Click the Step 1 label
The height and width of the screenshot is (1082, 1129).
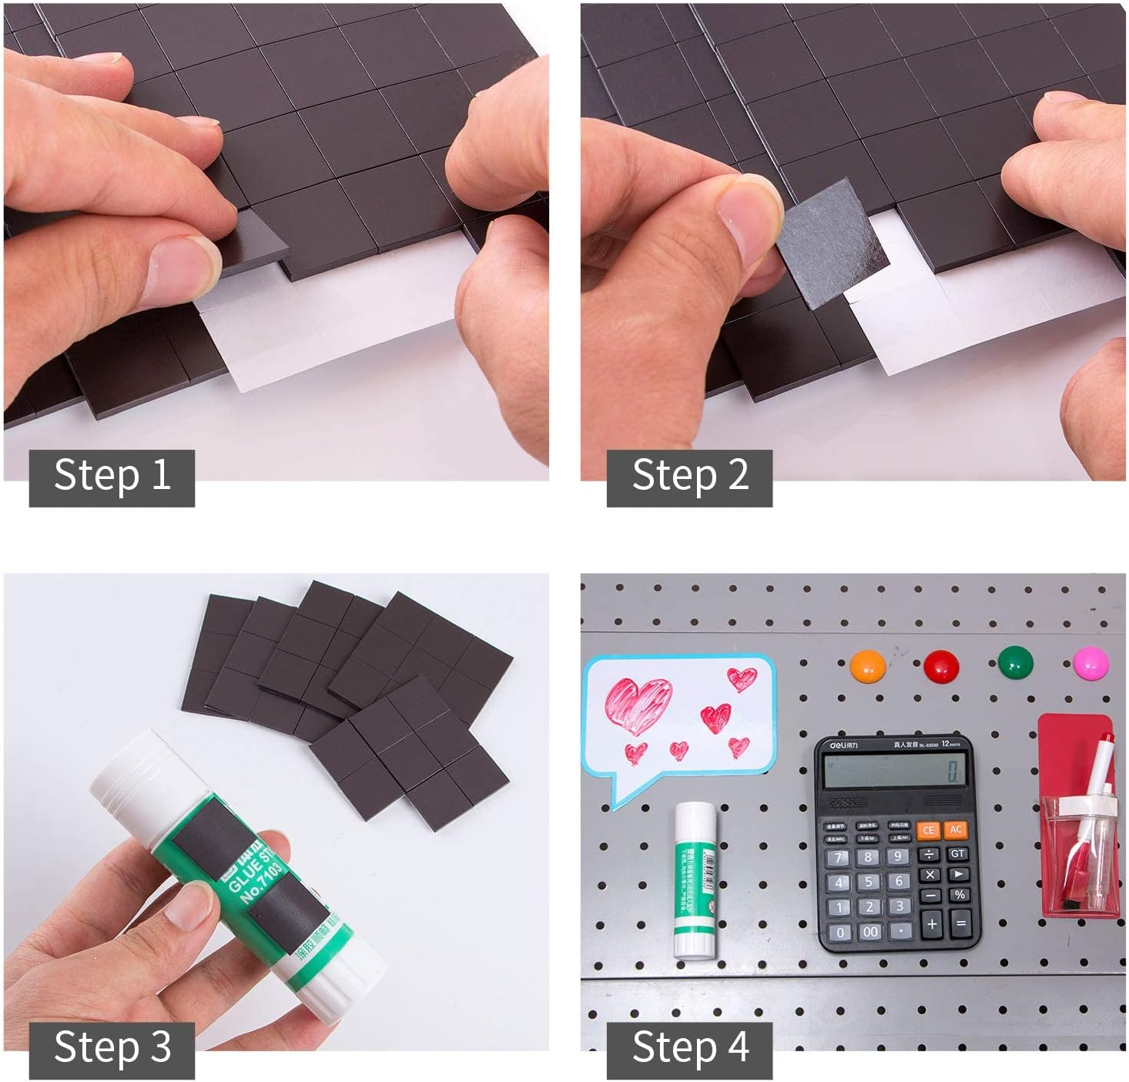(x=112, y=477)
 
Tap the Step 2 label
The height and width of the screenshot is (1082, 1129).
(x=689, y=477)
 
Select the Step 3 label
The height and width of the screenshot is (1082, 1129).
(x=112, y=1049)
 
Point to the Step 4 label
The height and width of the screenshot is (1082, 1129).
(x=689, y=1049)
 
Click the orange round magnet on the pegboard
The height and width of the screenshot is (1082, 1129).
(x=868, y=666)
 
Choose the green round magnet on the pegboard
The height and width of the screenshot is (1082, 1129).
(x=1015, y=662)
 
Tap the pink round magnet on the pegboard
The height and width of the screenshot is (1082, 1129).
(x=1090, y=662)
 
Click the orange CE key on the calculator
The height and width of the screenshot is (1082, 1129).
(x=929, y=830)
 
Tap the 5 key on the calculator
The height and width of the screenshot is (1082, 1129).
(x=869, y=882)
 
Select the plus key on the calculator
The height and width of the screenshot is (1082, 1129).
(x=931, y=923)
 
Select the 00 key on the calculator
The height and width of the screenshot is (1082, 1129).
(x=869, y=932)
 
